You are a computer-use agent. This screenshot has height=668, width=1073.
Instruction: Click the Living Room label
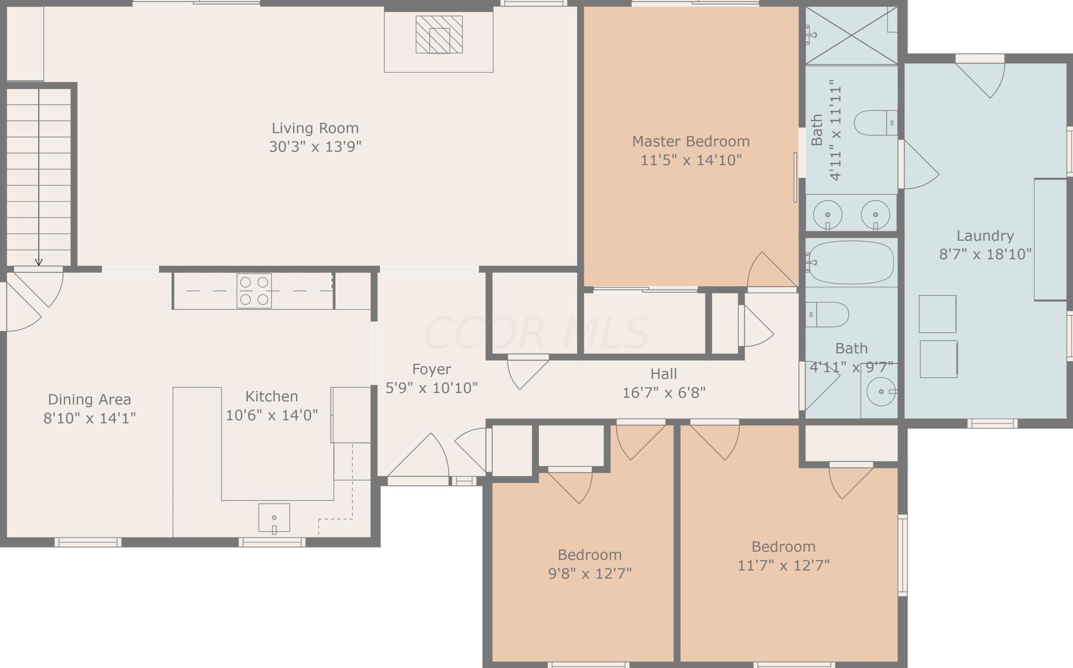pyautogui.click(x=315, y=128)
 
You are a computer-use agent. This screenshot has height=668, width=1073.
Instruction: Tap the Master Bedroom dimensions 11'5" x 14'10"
pyautogui.click(x=691, y=160)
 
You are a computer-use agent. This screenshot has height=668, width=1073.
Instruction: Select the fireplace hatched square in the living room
pyautogui.click(x=439, y=34)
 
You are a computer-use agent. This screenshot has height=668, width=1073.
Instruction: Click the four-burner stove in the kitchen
pyautogui.click(x=254, y=291)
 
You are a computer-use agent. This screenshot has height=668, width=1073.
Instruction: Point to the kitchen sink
pyautogui.click(x=274, y=518)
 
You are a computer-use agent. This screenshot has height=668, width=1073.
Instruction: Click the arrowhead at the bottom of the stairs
pyautogui.click(x=39, y=262)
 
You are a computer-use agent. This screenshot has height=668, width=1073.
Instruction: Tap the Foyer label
pyautogui.click(x=431, y=369)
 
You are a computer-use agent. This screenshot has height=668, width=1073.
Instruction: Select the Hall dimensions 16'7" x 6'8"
pyautogui.click(x=664, y=392)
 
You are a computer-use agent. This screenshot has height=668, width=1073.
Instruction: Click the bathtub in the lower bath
pyautogui.click(x=850, y=262)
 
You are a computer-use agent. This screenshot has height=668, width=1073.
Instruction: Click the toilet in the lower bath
pyautogui.click(x=827, y=315)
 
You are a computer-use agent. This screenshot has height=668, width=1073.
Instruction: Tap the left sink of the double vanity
pyautogui.click(x=827, y=215)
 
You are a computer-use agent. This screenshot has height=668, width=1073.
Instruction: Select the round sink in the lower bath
pyautogui.click(x=881, y=392)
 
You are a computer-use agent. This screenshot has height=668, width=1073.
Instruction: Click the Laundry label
pyautogui.click(x=985, y=236)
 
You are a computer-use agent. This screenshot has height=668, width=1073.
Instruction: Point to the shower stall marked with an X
pyautogui.click(x=851, y=35)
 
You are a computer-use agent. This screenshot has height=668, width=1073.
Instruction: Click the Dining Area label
pyautogui.click(x=89, y=399)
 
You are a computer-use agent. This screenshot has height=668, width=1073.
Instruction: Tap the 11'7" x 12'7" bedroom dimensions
pyautogui.click(x=784, y=565)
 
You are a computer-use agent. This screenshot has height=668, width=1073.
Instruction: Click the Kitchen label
pyautogui.click(x=272, y=396)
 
